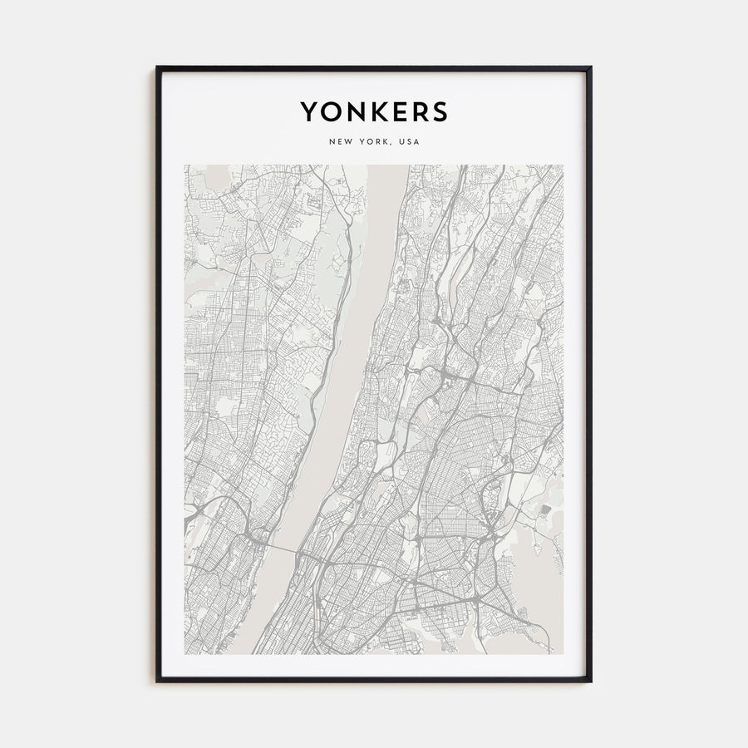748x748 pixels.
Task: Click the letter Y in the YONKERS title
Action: [x=308, y=112]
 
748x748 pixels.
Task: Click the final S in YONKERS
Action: [x=438, y=112]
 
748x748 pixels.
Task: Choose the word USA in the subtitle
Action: [x=410, y=142]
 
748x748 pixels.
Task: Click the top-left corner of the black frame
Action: [x=157, y=67]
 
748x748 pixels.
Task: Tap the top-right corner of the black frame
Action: [x=590, y=67]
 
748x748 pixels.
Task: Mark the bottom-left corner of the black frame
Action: [x=157, y=682]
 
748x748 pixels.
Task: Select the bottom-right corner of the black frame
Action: [x=590, y=682]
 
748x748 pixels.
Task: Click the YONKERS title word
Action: [x=373, y=112]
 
